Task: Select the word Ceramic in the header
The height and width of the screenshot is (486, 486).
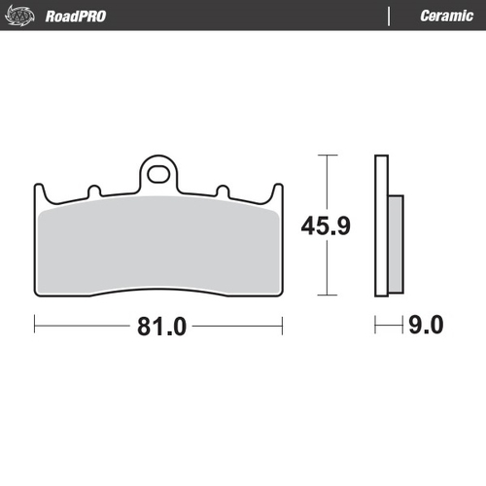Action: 445,17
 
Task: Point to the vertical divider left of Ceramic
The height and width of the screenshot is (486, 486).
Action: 389,17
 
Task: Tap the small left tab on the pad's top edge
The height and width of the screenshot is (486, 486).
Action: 94,190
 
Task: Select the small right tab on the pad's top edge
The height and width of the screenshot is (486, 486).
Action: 223,190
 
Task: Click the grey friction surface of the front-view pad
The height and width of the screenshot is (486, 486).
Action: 159,248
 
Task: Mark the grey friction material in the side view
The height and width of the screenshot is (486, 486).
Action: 396,242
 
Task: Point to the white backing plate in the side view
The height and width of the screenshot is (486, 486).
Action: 381,225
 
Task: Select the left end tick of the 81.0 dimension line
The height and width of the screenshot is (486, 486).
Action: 36,325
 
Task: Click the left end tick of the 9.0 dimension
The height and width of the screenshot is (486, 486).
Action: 377,325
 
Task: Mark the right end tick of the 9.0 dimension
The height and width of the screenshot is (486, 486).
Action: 402,325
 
